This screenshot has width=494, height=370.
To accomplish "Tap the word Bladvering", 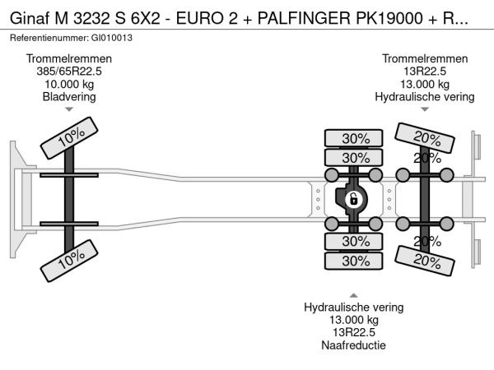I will pos(69,96).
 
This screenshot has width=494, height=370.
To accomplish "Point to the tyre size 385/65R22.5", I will pos(69,72).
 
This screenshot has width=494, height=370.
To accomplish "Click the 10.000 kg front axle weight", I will pos(69,84).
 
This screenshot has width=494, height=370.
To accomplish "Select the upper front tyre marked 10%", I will pos(68,141).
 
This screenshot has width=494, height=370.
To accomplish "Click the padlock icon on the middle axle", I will pos(353,199).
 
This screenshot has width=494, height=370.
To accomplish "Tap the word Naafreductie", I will pos(354,345).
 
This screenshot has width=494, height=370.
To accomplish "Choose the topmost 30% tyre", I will pos(355,138).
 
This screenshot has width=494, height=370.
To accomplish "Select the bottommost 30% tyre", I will pos(355,261).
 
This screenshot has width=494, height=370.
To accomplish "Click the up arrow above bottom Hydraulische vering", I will pos(354,295).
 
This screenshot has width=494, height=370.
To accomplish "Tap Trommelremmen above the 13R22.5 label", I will pos(425,59).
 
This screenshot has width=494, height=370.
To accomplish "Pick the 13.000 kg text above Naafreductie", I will pos(354,321).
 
